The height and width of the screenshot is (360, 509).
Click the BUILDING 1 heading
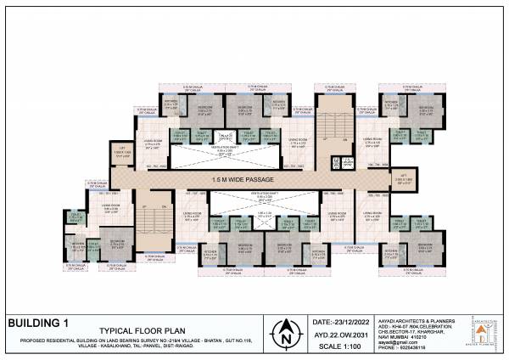click(x=37, y=323)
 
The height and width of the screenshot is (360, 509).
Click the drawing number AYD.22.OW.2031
click(x=348, y=335)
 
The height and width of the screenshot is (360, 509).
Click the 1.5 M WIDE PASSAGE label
click(x=245, y=180)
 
